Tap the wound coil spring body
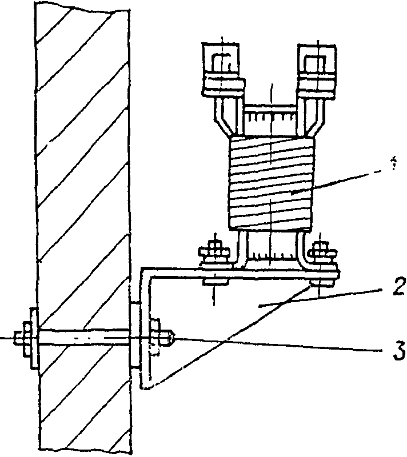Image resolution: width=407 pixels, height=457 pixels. (272, 183)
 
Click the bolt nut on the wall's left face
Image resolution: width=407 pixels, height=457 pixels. (26, 339)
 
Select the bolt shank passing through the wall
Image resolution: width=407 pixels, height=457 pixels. (86, 338)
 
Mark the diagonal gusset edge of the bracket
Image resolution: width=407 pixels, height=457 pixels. (229, 337)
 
